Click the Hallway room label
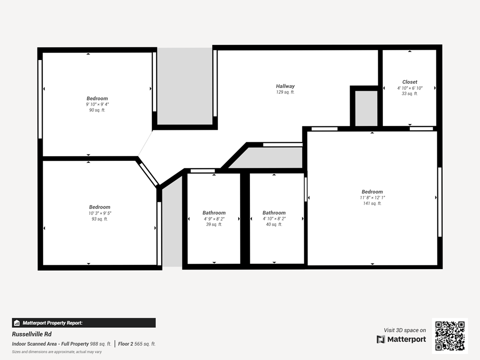(285, 86)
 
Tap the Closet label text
(409, 82)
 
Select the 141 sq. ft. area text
(372, 203)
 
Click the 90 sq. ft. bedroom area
(97, 110)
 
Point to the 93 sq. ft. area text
(99, 219)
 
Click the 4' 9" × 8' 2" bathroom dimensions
(214, 219)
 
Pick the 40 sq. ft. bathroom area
(274, 225)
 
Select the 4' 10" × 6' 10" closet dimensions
(410, 88)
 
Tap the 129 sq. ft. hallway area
(285, 92)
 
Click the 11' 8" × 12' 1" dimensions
(372, 198)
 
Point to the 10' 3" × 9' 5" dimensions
(100, 213)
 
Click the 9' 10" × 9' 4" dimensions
(97, 105)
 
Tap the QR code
(450, 336)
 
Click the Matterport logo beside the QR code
(401, 339)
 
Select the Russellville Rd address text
(32, 334)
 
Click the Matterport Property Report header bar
(83, 323)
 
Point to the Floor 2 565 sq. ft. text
(137, 344)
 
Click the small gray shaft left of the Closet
(366, 108)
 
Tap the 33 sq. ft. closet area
(410, 94)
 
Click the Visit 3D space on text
(405, 330)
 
